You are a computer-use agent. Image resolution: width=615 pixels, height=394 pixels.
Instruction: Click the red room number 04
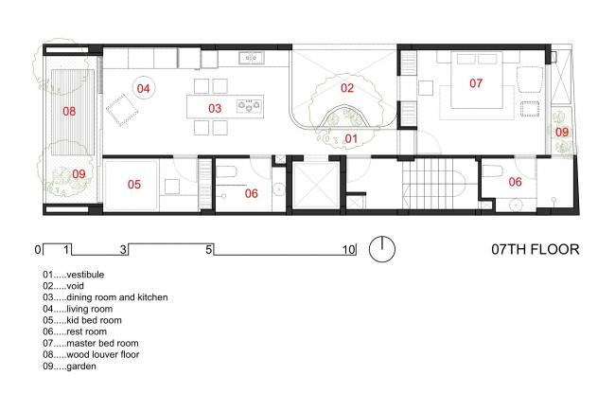143,89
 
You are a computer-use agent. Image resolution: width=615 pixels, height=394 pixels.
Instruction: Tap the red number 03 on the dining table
215,108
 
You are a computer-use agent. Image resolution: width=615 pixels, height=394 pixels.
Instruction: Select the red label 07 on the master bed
476,83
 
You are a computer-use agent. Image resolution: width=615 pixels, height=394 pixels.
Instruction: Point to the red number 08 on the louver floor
69,112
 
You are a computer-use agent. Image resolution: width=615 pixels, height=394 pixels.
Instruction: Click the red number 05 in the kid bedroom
134,185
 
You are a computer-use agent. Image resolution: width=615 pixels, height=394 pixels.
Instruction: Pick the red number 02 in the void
347,88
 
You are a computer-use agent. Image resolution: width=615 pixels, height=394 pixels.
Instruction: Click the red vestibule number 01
351,139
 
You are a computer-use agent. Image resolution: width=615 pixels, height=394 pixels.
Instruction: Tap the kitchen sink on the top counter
251,58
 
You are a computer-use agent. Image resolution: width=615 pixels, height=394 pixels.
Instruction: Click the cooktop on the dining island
250,105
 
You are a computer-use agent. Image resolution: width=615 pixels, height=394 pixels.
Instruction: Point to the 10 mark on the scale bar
349,250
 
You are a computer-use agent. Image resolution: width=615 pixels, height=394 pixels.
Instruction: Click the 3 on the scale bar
124,250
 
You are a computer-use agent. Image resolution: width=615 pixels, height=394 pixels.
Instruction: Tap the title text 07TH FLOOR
536,250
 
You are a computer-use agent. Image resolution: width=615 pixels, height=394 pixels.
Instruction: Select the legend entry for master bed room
91,344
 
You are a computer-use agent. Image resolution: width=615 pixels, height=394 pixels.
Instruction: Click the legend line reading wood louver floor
91,355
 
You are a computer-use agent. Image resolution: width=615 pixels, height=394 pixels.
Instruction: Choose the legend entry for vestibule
74,275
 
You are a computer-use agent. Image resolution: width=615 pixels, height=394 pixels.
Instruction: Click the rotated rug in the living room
122,110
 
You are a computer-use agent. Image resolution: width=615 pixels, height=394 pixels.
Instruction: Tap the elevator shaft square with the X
316,186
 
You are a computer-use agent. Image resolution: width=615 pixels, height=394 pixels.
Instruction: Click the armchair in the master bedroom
530,80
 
